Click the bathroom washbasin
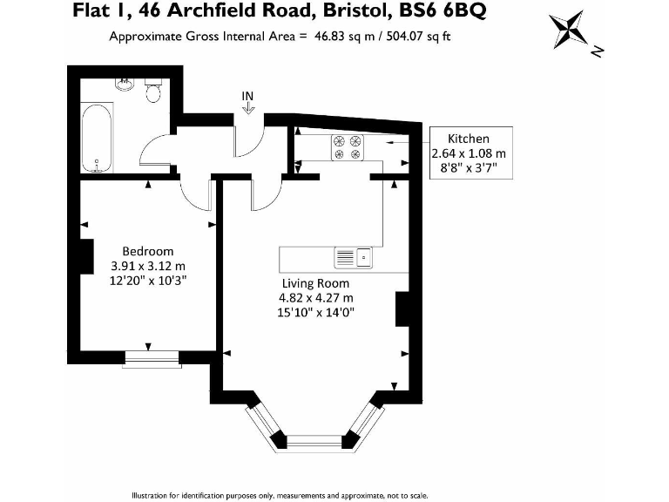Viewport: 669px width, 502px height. (125, 84)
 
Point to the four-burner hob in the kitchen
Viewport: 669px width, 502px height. (347, 147)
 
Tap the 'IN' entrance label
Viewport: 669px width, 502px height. (248, 95)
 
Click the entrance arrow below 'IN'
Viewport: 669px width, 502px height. (248, 108)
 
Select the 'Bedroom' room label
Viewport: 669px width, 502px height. (148, 251)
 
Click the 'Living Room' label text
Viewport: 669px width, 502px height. (314, 283)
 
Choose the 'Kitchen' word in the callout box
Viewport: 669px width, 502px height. (468, 139)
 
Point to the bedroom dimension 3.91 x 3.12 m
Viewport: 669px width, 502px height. (148, 266)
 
